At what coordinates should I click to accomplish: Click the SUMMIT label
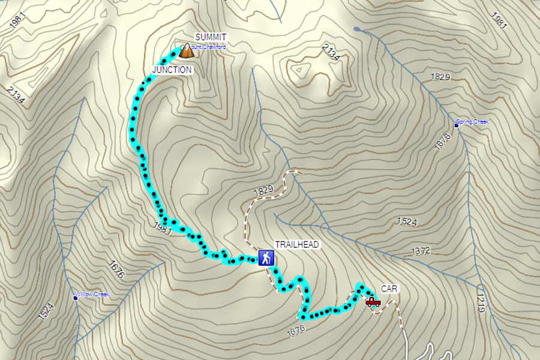coord(211,37)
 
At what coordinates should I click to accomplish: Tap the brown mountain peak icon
coord(187,51)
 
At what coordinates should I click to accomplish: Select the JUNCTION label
coord(172,70)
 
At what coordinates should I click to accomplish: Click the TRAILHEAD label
coord(297,244)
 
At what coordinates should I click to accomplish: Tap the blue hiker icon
coord(266,259)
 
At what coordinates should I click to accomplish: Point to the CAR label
coord(389,289)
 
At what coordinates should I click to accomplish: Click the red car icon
coord(373,301)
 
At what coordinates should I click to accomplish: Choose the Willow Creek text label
coord(94,295)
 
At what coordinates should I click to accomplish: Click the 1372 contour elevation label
coord(421,251)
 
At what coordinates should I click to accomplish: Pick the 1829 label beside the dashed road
coord(263,190)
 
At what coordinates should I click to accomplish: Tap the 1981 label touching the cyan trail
coord(163,228)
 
